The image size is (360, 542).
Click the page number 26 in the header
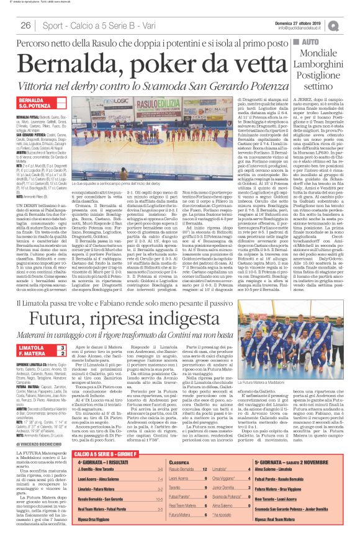tap(26, 25)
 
